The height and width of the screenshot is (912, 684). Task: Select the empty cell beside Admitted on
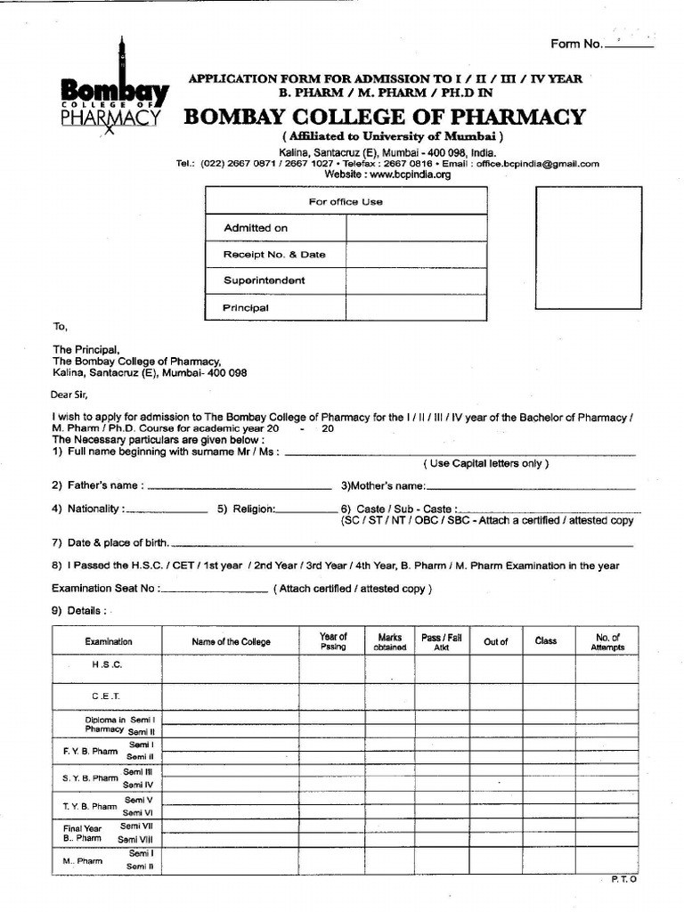(417, 228)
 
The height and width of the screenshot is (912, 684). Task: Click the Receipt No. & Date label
(274, 255)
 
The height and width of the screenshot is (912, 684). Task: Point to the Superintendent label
(265, 281)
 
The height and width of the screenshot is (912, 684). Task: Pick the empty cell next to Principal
(417, 308)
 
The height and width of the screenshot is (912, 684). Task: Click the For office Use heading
(346, 202)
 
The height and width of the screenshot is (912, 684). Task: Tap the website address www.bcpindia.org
(387, 175)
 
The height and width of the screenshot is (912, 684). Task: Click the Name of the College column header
(231, 642)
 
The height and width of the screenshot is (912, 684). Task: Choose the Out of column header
(495, 642)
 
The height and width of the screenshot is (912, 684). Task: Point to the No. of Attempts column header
(607, 642)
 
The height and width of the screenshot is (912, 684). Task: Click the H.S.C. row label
(107, 666)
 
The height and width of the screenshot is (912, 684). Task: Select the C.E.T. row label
(107, 696)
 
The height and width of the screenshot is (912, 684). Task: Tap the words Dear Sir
(71, 395)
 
